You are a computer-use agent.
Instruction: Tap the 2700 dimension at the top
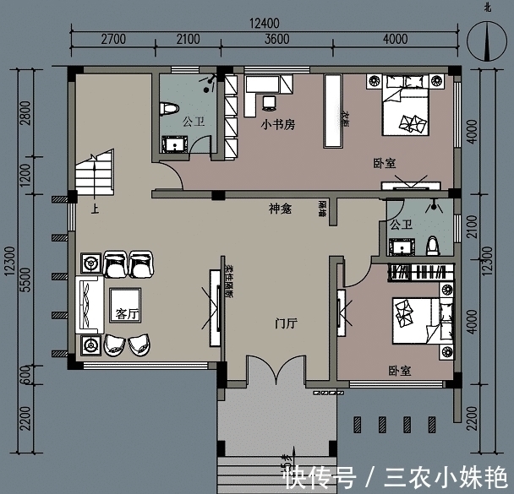(x=113, y=39)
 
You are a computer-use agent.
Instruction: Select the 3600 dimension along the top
(x=276, y=39)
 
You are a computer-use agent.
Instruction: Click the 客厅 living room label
(x=126, y=313)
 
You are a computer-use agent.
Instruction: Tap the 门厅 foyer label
(x=286, y=323)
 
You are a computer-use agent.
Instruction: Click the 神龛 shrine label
(x=280, y=209)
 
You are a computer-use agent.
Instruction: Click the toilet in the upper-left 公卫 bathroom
(x=167, y=110)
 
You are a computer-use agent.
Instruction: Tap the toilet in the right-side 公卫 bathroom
(x=434, y=244)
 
